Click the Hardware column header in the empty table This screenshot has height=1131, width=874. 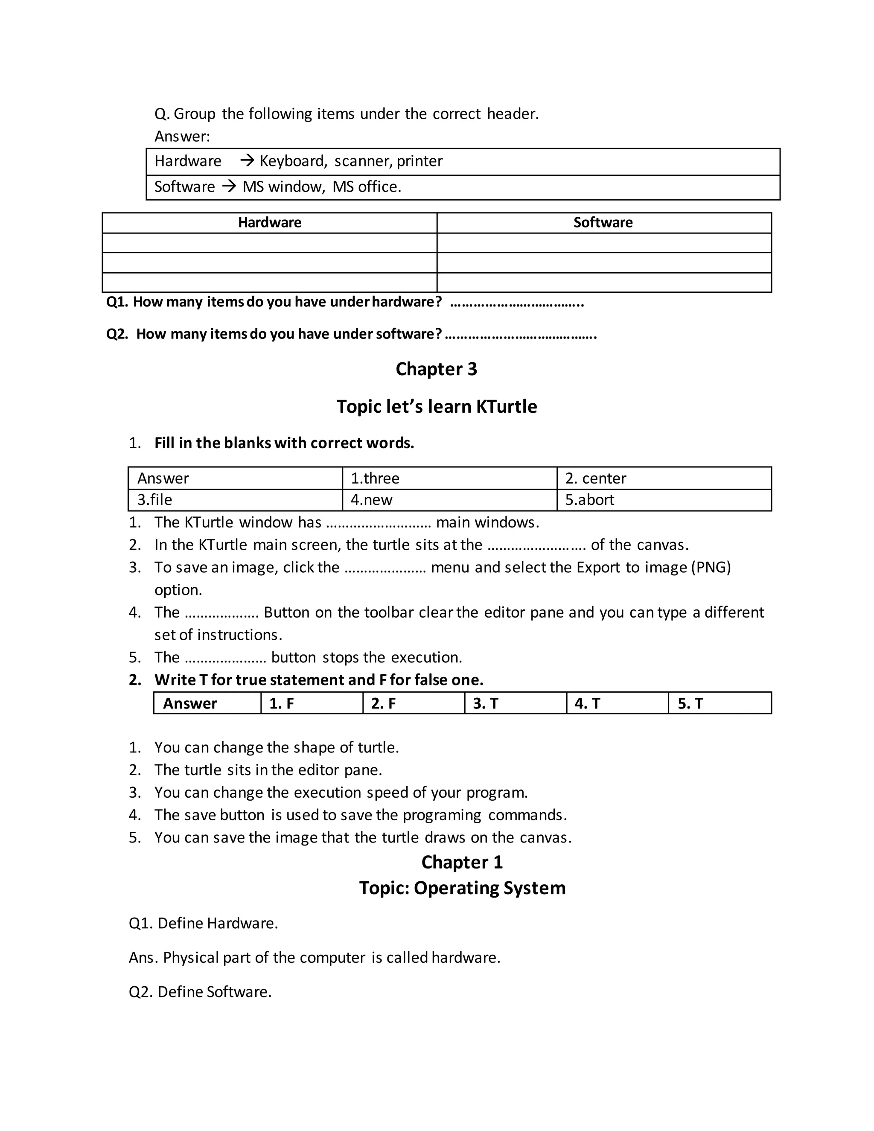tap(269, 223)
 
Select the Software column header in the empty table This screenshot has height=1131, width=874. tap(603, 223)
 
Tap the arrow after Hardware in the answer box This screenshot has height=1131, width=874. tap(247, 160)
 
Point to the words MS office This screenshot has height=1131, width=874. tap(366, 187)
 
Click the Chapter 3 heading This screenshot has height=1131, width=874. tap(436, 369)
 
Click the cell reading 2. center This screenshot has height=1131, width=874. tap(595, 478)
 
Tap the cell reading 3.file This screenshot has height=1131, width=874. tap(155, 500)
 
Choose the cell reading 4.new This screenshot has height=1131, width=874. tap(371, 500)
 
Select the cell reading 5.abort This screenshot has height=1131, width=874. tap(589, 500)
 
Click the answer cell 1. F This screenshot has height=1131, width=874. tap(282, 703)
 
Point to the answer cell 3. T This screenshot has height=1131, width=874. tap(485, 703)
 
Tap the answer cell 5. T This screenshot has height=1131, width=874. tap(690, 703)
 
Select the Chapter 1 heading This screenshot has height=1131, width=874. tap(462, 862)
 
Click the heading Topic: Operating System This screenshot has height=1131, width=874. tap(462, 888)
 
